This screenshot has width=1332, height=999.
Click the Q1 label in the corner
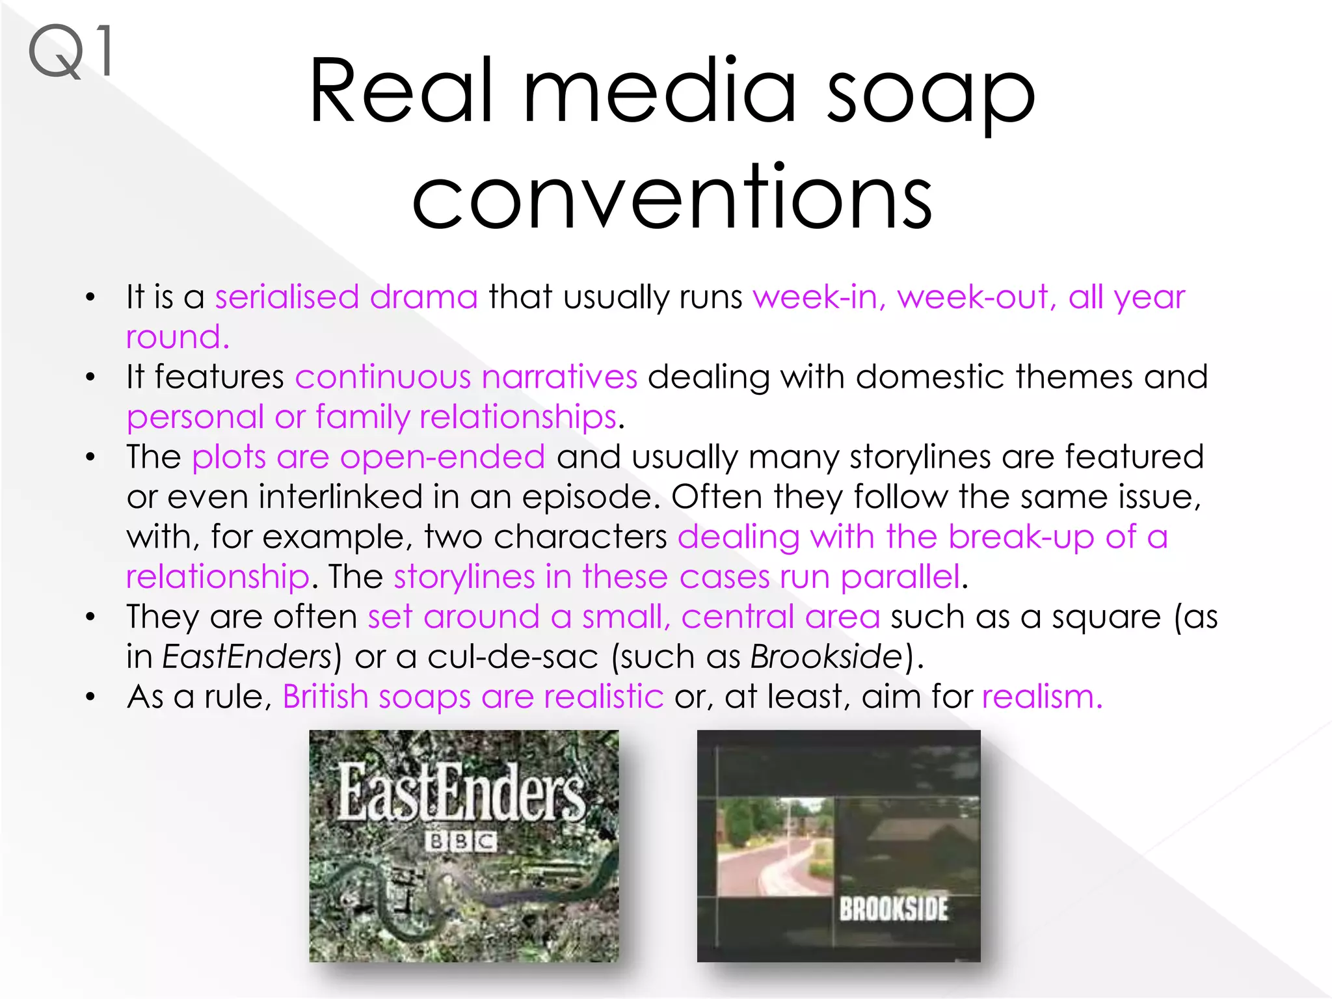click(70, 52)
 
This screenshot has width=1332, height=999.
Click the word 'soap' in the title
click(930, 92)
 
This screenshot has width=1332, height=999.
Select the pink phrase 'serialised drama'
click(346, 297)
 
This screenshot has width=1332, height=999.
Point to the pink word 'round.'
click(178, 337)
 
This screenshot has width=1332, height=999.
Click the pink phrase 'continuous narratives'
click(466, 377)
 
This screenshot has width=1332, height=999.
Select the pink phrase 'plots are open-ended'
click(368, 457)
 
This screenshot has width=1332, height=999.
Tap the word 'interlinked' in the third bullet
click(350, 497)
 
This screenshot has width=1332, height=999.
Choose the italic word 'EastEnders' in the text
click(247, 657)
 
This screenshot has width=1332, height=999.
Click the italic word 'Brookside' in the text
click(826, 657)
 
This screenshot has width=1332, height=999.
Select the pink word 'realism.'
click(1042, 697)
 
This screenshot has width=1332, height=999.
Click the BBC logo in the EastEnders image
click(461, 842)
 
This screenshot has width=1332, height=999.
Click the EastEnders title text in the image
click(461, 793)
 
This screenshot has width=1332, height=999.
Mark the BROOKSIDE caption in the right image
click(893, 909)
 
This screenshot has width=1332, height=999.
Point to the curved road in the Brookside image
click(780, 865)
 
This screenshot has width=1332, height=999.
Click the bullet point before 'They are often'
click(90, 617)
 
